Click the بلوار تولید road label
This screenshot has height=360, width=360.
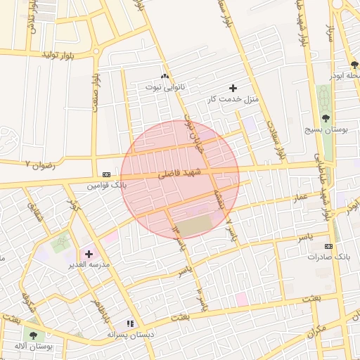(x=58, y=54)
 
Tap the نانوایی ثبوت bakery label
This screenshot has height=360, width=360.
(x=165, y=87)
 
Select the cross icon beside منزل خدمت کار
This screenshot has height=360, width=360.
(x=233, y=88)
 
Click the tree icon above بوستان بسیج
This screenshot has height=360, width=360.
(x=325, y=118)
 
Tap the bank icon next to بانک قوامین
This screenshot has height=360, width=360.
(x=106, y=174)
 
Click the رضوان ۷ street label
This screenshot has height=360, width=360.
(x=37, y=164)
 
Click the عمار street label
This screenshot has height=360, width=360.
(x=301, y=200)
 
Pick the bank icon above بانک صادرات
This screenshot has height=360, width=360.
(x=328, y=246)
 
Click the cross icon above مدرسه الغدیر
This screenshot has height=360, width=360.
(x=89, y=254)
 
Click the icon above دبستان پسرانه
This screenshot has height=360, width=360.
(x=130, y=323)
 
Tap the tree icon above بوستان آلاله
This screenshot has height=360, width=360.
(x=32, y=335)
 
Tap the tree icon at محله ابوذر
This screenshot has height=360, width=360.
(x=354, y=64)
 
